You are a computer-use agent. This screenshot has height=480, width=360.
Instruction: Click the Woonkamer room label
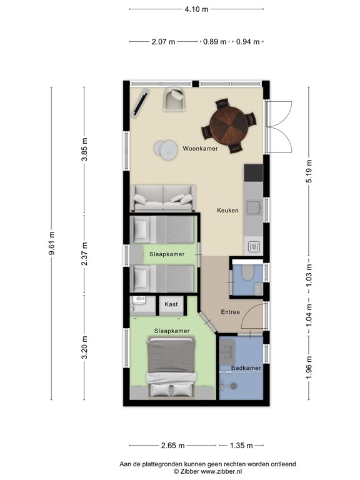pyautogui.click(x=200, y=149)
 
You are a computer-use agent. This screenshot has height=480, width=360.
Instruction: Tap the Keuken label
pyautogui.click(x=227, y=211)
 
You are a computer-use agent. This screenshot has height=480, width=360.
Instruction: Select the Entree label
pyautogui.click(x=230, y=312)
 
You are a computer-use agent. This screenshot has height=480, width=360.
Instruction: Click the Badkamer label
pyautogui.click(x=246, y=368)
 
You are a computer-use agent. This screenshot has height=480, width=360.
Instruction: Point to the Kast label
pyautogui.click(x=171, y=304)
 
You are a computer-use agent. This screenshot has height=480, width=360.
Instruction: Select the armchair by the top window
pyautogui.click(x=174, y=99)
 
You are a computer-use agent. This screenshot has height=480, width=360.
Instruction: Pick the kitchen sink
pyautogui.click(x=254, y=207)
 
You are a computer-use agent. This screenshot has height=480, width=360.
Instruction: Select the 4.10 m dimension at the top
pyautogui.click(x=197, y=9)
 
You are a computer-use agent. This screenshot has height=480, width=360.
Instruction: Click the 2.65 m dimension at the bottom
pyautogui.click(x=172, y=446)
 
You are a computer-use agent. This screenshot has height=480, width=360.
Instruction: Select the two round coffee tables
pyautogui.click(x=167, y=149)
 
